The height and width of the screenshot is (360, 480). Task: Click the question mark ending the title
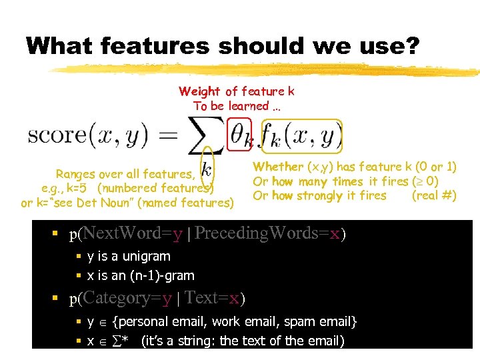[x=413, y=47]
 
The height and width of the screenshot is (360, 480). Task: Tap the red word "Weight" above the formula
[x=200, y=91]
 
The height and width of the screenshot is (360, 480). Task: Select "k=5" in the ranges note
[x=79, y=188]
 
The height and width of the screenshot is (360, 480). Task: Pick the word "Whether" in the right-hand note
[x=278, y=167]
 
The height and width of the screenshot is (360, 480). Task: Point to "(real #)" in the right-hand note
[x=434, y=195]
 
